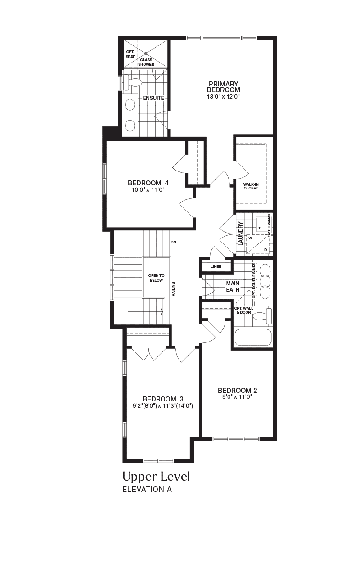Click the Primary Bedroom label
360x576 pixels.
click(223, 87)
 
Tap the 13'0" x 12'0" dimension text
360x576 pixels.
click(223, 97)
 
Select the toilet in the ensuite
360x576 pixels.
click(132, 82)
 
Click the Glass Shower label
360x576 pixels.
click(146, 62)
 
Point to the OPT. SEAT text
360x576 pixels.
click(130, 54)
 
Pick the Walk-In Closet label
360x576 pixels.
click(251, 186)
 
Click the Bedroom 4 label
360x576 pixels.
click(148, 183)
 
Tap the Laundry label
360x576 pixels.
click(241, 234)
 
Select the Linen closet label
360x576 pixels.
click(216, 266)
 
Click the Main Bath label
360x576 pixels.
click(233, 287)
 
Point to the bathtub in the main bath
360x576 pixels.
click(253, 337)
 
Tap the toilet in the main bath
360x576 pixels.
click(262, 316)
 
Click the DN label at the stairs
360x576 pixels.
click(173, 242)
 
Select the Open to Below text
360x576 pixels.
click(156, 278)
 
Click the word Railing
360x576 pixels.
click(173, 289)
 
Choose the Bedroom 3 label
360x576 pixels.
click(163, 399)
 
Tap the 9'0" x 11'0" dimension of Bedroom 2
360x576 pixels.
click(237, 397)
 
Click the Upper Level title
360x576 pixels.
click(156, 477)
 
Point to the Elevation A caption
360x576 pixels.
click(147, 489)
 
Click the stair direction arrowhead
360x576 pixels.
click(162, 312)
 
